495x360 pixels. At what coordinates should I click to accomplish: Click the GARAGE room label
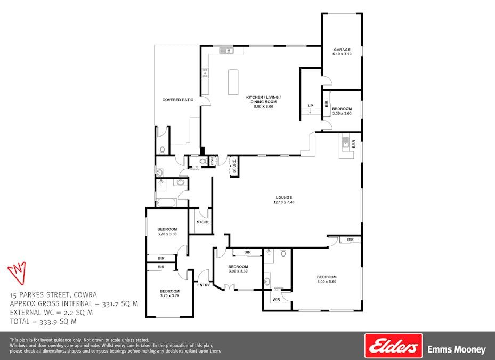click(342, 49)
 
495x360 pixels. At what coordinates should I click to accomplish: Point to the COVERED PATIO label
click(177, 100)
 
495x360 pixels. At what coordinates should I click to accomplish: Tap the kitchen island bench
click(233, 82)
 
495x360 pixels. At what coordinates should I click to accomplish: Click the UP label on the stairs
click(310, 106)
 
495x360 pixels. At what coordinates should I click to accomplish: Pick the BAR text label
click(353, 144)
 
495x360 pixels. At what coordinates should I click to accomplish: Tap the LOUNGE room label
click(283, 197)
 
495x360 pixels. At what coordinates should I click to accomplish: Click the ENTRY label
click(204, 285)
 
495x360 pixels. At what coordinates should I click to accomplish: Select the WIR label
click(276, 300)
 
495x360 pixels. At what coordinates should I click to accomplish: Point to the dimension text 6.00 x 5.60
click(327, 282)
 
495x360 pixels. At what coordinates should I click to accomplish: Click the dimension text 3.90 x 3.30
click(238, 271)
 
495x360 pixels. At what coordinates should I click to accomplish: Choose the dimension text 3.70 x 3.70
click(170, 296)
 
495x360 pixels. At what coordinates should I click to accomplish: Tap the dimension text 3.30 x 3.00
click(342, 113)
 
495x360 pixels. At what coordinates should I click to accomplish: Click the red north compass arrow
click(17, 272)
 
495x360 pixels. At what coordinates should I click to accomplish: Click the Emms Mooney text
click(457, 350)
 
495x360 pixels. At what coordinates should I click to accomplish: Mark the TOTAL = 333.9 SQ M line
click(43, 322)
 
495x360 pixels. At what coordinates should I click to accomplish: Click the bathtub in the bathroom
click(166, 203)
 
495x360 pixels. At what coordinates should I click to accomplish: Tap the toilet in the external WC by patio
click(162, 149)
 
